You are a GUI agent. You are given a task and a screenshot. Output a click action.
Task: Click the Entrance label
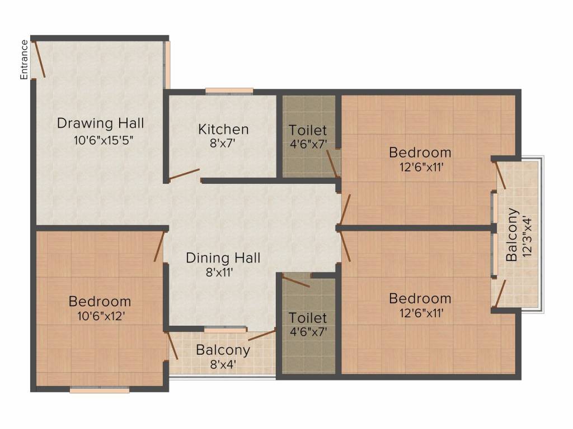click(24, 60)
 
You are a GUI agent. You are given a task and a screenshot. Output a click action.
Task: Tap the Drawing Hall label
click(101, 123)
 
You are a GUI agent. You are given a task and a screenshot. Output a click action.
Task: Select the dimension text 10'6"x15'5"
click(103, 140)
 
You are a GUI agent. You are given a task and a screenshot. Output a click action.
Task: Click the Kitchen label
click(223, 130)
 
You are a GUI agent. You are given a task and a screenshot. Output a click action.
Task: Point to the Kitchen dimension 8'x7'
click(222, 143)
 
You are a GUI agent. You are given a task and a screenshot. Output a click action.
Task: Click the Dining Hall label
click(223, 258)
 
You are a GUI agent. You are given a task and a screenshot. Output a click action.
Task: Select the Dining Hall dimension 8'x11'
click(219, 272)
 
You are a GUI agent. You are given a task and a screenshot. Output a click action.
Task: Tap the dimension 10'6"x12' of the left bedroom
click(101, 316)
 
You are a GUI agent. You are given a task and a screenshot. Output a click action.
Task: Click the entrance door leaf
click(39, 59)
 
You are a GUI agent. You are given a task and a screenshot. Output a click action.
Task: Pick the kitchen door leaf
click(184, 174)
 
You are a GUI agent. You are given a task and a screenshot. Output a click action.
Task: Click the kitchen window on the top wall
click(229, 91)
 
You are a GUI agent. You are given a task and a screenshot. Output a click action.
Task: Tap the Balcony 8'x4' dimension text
click(223, 364)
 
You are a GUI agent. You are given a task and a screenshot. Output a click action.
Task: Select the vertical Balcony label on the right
click(511, 235)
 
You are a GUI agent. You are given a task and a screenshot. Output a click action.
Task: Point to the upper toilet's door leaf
click(332, 163)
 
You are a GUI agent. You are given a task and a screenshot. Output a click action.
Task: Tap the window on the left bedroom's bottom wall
click(100, 389)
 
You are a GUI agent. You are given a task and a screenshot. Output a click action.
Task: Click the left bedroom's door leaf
click(158, 246)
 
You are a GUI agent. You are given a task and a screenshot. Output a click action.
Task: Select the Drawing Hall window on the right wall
click(167, 65)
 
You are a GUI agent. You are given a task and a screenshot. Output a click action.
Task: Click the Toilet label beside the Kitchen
click(308, 130)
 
